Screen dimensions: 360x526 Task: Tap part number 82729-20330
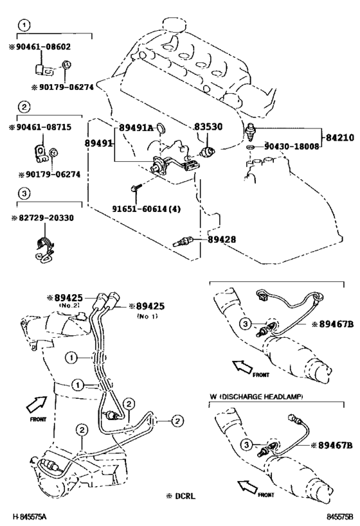pos(46,218)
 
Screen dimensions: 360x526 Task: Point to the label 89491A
pos(136,128)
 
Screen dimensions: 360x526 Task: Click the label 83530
pos(208,127)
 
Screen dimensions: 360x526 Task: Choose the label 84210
pos(340,137)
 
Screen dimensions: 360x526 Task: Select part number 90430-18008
pos(291,146)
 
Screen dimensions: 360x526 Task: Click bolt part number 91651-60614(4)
pos(147,209)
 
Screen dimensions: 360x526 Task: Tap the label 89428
pos(222,240)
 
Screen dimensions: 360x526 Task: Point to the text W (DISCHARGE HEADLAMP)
pos(256,397)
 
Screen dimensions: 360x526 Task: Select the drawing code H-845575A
pos(30,516)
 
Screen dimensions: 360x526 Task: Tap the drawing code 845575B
pos(341,516)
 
